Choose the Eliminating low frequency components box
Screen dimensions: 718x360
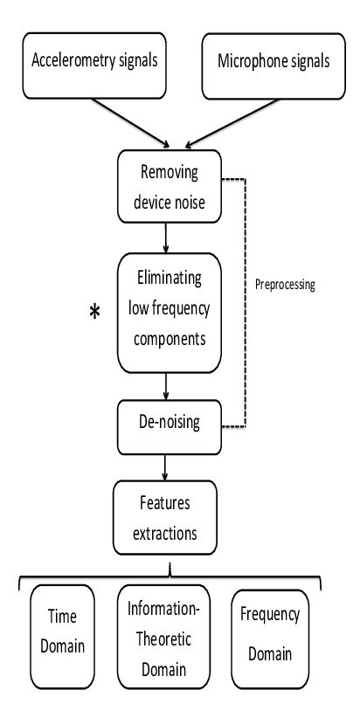pyautogui.click(x=170, y=307)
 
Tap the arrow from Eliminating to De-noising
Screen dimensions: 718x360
pyautogui.click(x=166, y=385)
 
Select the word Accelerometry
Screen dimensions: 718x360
pyautogui.click(x=66, y=62)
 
